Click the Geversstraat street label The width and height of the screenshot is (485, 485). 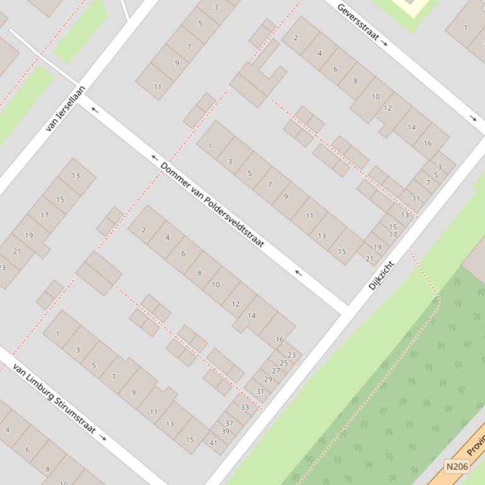358,22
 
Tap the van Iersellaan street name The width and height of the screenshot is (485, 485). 66,108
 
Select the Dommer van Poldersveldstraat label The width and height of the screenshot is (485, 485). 212,205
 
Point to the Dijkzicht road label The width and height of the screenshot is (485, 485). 381,275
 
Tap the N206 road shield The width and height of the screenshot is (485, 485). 457,467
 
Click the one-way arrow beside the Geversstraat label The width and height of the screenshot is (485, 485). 385,43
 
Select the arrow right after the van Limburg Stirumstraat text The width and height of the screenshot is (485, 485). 103,438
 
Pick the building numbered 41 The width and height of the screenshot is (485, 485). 214,443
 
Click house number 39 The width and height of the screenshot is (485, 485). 225,431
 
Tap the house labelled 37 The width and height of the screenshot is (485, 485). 230,423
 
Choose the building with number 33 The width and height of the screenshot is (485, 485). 245,407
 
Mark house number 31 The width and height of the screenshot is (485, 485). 260,391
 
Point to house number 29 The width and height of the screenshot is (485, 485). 268,379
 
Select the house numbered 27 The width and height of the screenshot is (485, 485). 276,371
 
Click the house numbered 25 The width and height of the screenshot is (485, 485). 284,363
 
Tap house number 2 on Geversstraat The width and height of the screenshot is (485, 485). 295,38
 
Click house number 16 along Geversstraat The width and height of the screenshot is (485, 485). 428,143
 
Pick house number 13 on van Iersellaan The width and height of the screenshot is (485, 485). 76,176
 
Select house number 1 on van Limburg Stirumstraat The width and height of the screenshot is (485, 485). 58,333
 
